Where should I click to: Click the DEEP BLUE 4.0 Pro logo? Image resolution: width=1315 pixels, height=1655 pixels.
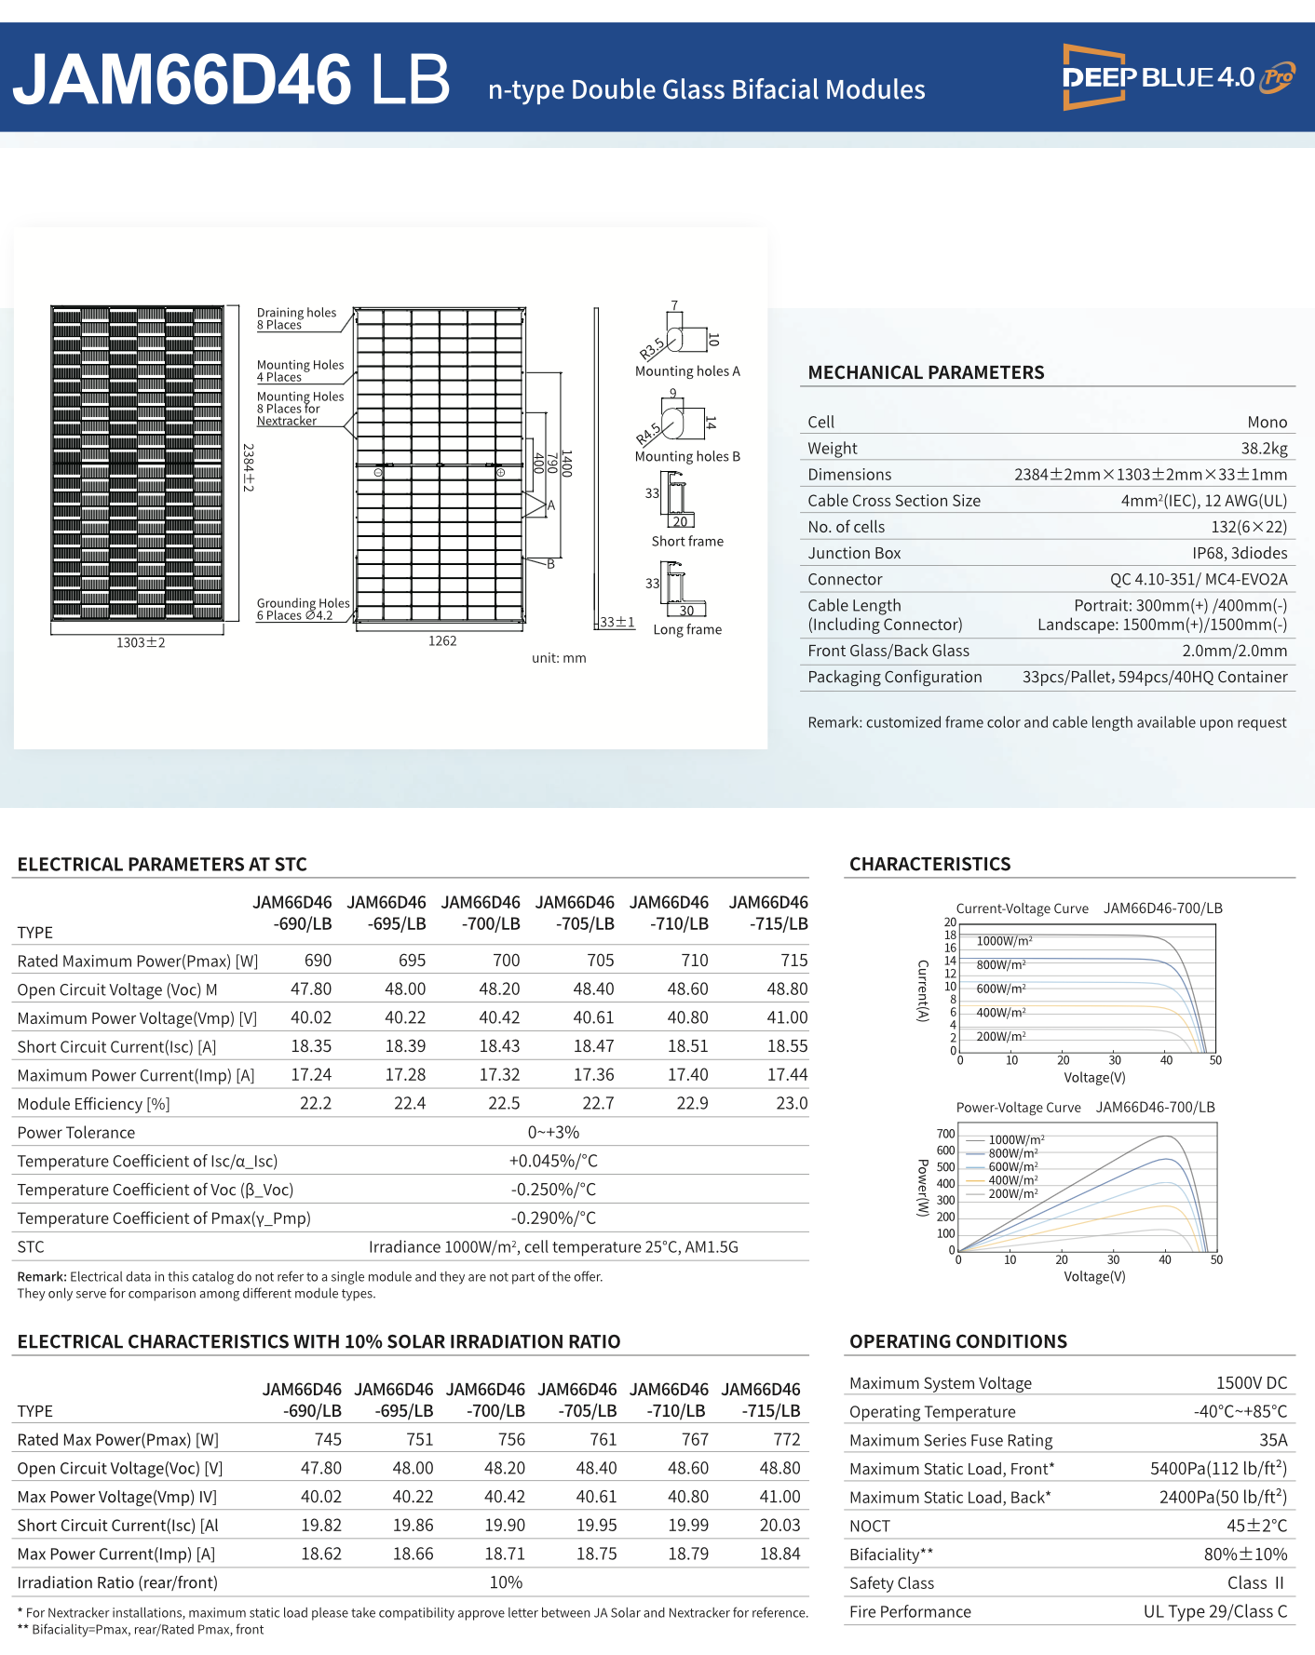pos(1178,77)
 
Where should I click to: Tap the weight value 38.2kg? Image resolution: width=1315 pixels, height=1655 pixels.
pos(1264,449)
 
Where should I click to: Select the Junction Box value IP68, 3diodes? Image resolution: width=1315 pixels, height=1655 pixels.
pos(1239,553)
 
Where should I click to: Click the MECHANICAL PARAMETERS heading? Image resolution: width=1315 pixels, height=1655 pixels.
pos(926,372)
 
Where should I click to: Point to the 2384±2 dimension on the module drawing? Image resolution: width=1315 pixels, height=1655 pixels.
pos(249,466)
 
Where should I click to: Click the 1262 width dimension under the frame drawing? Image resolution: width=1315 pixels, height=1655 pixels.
pos(442,641)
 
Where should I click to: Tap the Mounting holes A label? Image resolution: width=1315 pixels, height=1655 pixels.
pos(687,371)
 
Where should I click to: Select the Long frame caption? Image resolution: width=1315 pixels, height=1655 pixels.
pos(687,630)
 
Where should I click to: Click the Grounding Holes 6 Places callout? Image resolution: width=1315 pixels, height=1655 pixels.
pos(303,610)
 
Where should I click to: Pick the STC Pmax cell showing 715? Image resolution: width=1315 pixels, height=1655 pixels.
pos(793,961)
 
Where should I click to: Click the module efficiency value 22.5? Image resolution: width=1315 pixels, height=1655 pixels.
pos(504,1104)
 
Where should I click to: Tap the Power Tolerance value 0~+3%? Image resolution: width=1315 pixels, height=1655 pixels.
pos(553,1133)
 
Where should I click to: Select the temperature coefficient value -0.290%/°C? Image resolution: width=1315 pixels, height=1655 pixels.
pos(553,1218)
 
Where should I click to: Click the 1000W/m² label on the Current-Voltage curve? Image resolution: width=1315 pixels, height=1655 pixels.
pos(1004,941)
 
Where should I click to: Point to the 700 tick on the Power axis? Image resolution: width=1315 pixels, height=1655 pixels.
pos(945,1134)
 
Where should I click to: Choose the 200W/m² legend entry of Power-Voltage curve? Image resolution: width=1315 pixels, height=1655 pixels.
pos(1012,1194)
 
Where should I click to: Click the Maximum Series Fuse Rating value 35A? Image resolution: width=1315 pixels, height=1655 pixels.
pos(1273,1441)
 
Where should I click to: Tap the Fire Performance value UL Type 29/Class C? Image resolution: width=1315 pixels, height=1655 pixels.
pos(1214,1612)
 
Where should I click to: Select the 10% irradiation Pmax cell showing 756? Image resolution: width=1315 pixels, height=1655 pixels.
pos(511,1440)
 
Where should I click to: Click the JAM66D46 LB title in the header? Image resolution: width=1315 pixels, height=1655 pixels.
pos(231,79)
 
